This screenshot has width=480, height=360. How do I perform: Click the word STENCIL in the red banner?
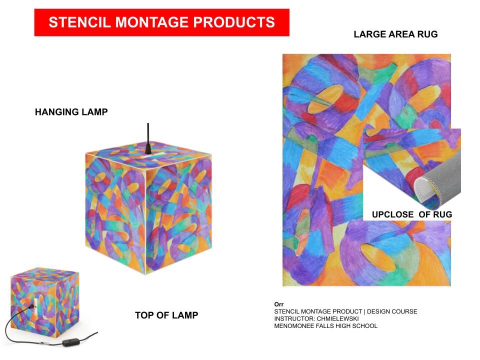pyautogui.click(x=79, y=22)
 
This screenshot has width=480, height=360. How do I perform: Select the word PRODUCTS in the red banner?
pyautogui.click(x=234, y=22)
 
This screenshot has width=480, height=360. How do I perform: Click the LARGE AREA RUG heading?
pyautogui.click(x=395, y=34)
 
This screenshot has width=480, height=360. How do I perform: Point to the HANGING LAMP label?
pyautogui.click(x=71, y=112)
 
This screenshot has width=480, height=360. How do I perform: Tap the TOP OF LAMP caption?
pyautogui.click(x=166, y=315)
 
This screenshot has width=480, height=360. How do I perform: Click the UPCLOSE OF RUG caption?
pyautogui.click(x=411, y=214)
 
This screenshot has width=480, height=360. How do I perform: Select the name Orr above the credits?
pyautogui.click(x=279, y=304)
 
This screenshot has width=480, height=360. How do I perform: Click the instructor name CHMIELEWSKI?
pyautogui.click(x=337, y=318)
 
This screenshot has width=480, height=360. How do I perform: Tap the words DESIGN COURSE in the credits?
pyautogui.click(x=392, y=311)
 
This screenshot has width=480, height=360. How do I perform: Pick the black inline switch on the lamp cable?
pyautogui.click(x=70, y=342)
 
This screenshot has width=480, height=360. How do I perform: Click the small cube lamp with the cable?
pyautogui.click(x=44, y=301)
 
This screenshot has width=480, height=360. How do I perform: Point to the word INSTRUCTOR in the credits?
pyautogui.click(x=294, y=318)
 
